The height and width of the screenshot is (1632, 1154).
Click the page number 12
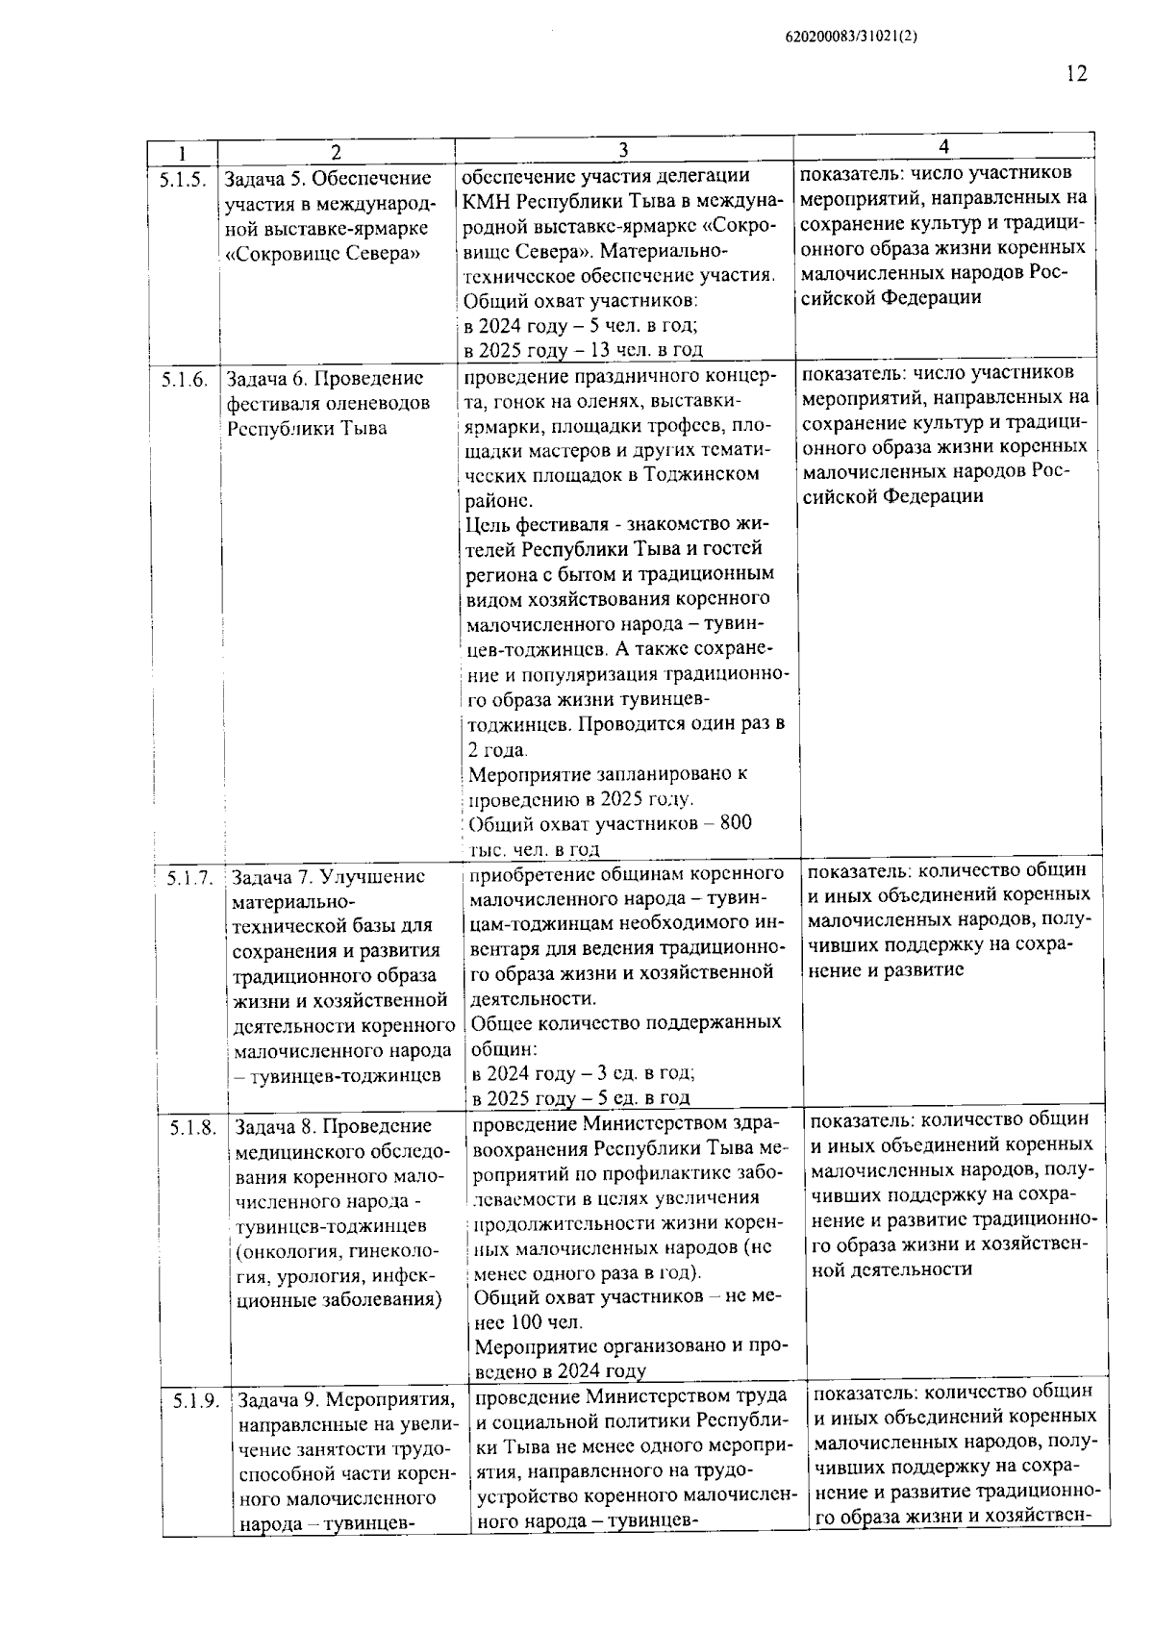coord(1076,74)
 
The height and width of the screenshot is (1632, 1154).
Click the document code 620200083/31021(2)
coord(852,38)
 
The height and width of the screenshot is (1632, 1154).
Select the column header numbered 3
coord(623,150)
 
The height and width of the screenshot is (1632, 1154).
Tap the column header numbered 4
coord(943,146)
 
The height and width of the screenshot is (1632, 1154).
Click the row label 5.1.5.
coord(183,179)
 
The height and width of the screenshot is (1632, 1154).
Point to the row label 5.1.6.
coord(184,379)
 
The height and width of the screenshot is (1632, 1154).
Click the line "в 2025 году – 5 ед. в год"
coord(581,1097)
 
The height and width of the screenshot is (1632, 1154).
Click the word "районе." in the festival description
coord(496,500)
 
